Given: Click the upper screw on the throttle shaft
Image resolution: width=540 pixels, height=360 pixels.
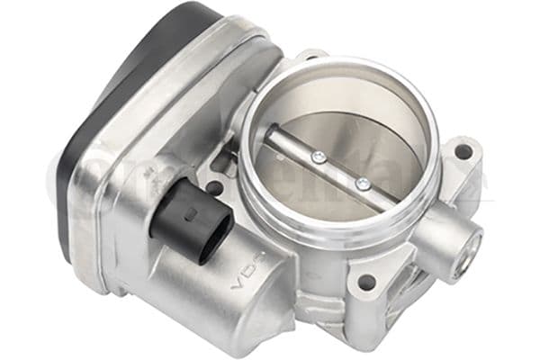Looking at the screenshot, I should pyautogui.click(x=318, y=158).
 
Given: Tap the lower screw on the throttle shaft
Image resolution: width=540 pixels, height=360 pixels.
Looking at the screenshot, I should pyautogui.click(x=362, y=184).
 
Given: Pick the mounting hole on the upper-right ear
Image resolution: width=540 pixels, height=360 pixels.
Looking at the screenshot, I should pyautogui.click(x=464, y=150).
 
